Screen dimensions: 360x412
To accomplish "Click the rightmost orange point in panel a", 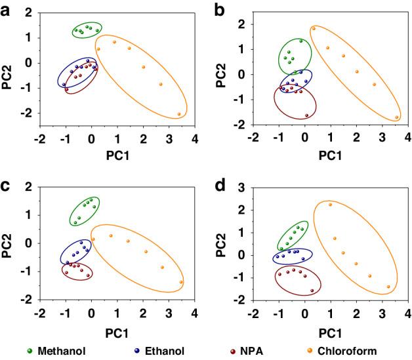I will pos(178,114).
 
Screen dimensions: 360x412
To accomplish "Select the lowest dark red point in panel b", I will pos(306,115).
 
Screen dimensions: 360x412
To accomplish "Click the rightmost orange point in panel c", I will pos(180,282).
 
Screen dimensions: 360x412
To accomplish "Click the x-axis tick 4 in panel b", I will pos(407,137).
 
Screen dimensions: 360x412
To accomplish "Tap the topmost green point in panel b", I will pos(301,41).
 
